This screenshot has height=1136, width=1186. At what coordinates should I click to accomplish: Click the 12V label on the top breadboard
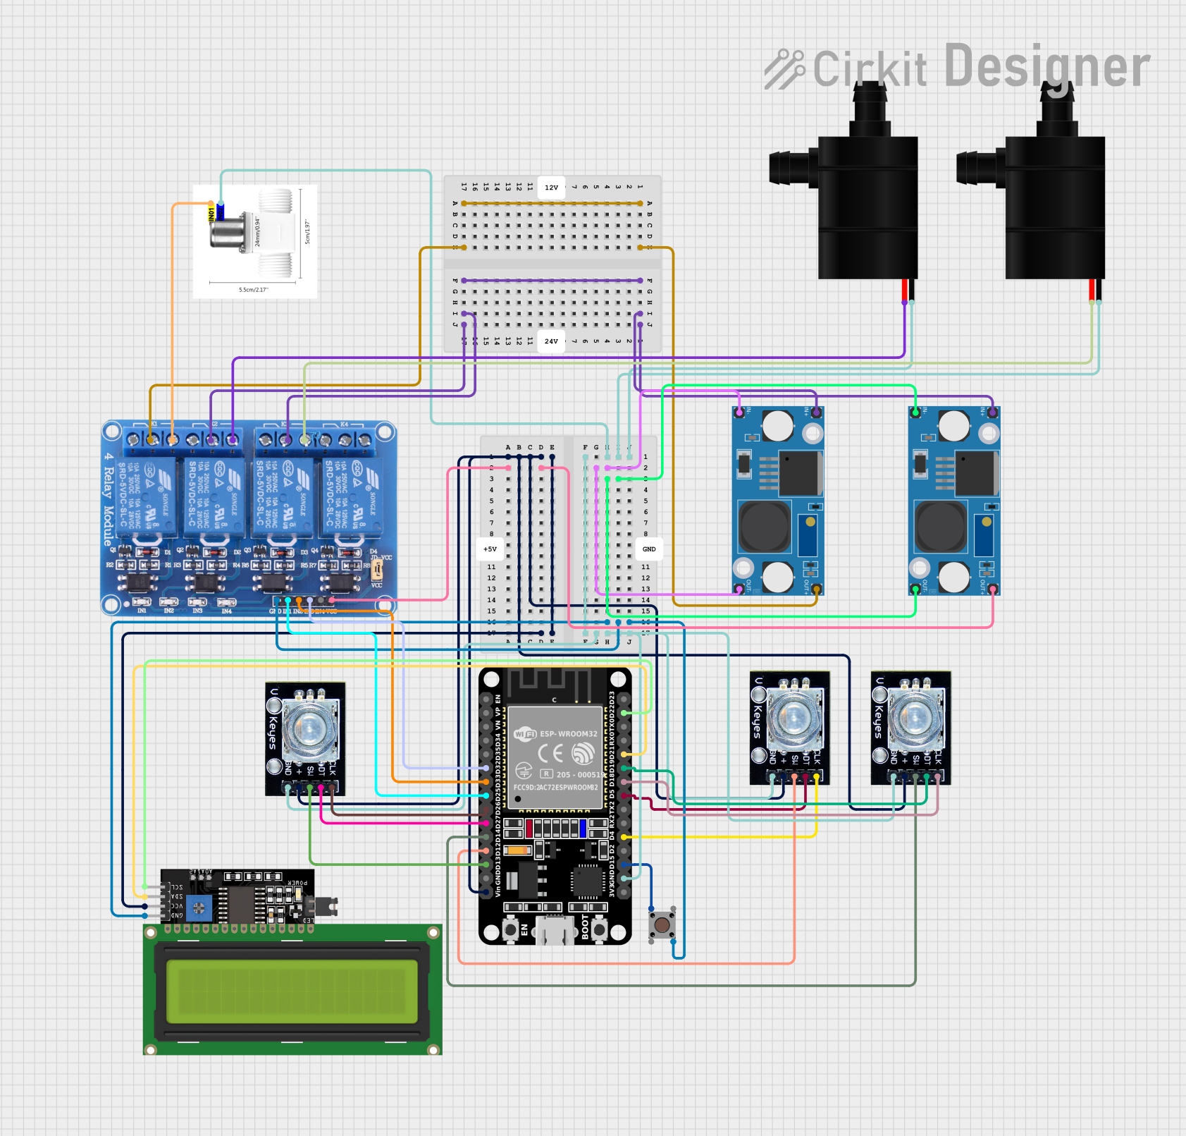click(551, 188)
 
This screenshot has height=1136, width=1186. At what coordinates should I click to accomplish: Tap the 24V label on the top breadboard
click(551, 341)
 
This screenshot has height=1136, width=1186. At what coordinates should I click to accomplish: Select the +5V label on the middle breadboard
click(490, 549)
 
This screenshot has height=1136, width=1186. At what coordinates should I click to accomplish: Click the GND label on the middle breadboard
click(649, 549)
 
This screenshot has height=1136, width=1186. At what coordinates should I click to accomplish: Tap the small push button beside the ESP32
click(662, 924)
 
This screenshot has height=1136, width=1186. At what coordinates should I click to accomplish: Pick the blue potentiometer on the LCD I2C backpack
click(199, 908)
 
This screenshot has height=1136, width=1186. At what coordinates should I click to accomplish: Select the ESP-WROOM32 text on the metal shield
click(568, 733)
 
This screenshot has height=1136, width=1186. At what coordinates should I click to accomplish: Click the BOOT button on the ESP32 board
click(599, 929)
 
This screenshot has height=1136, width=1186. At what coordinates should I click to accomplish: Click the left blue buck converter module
click(778, 501)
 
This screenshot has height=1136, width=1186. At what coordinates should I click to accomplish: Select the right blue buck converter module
click(954, 501)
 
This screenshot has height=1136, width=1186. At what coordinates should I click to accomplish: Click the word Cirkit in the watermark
click(870, 69)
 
